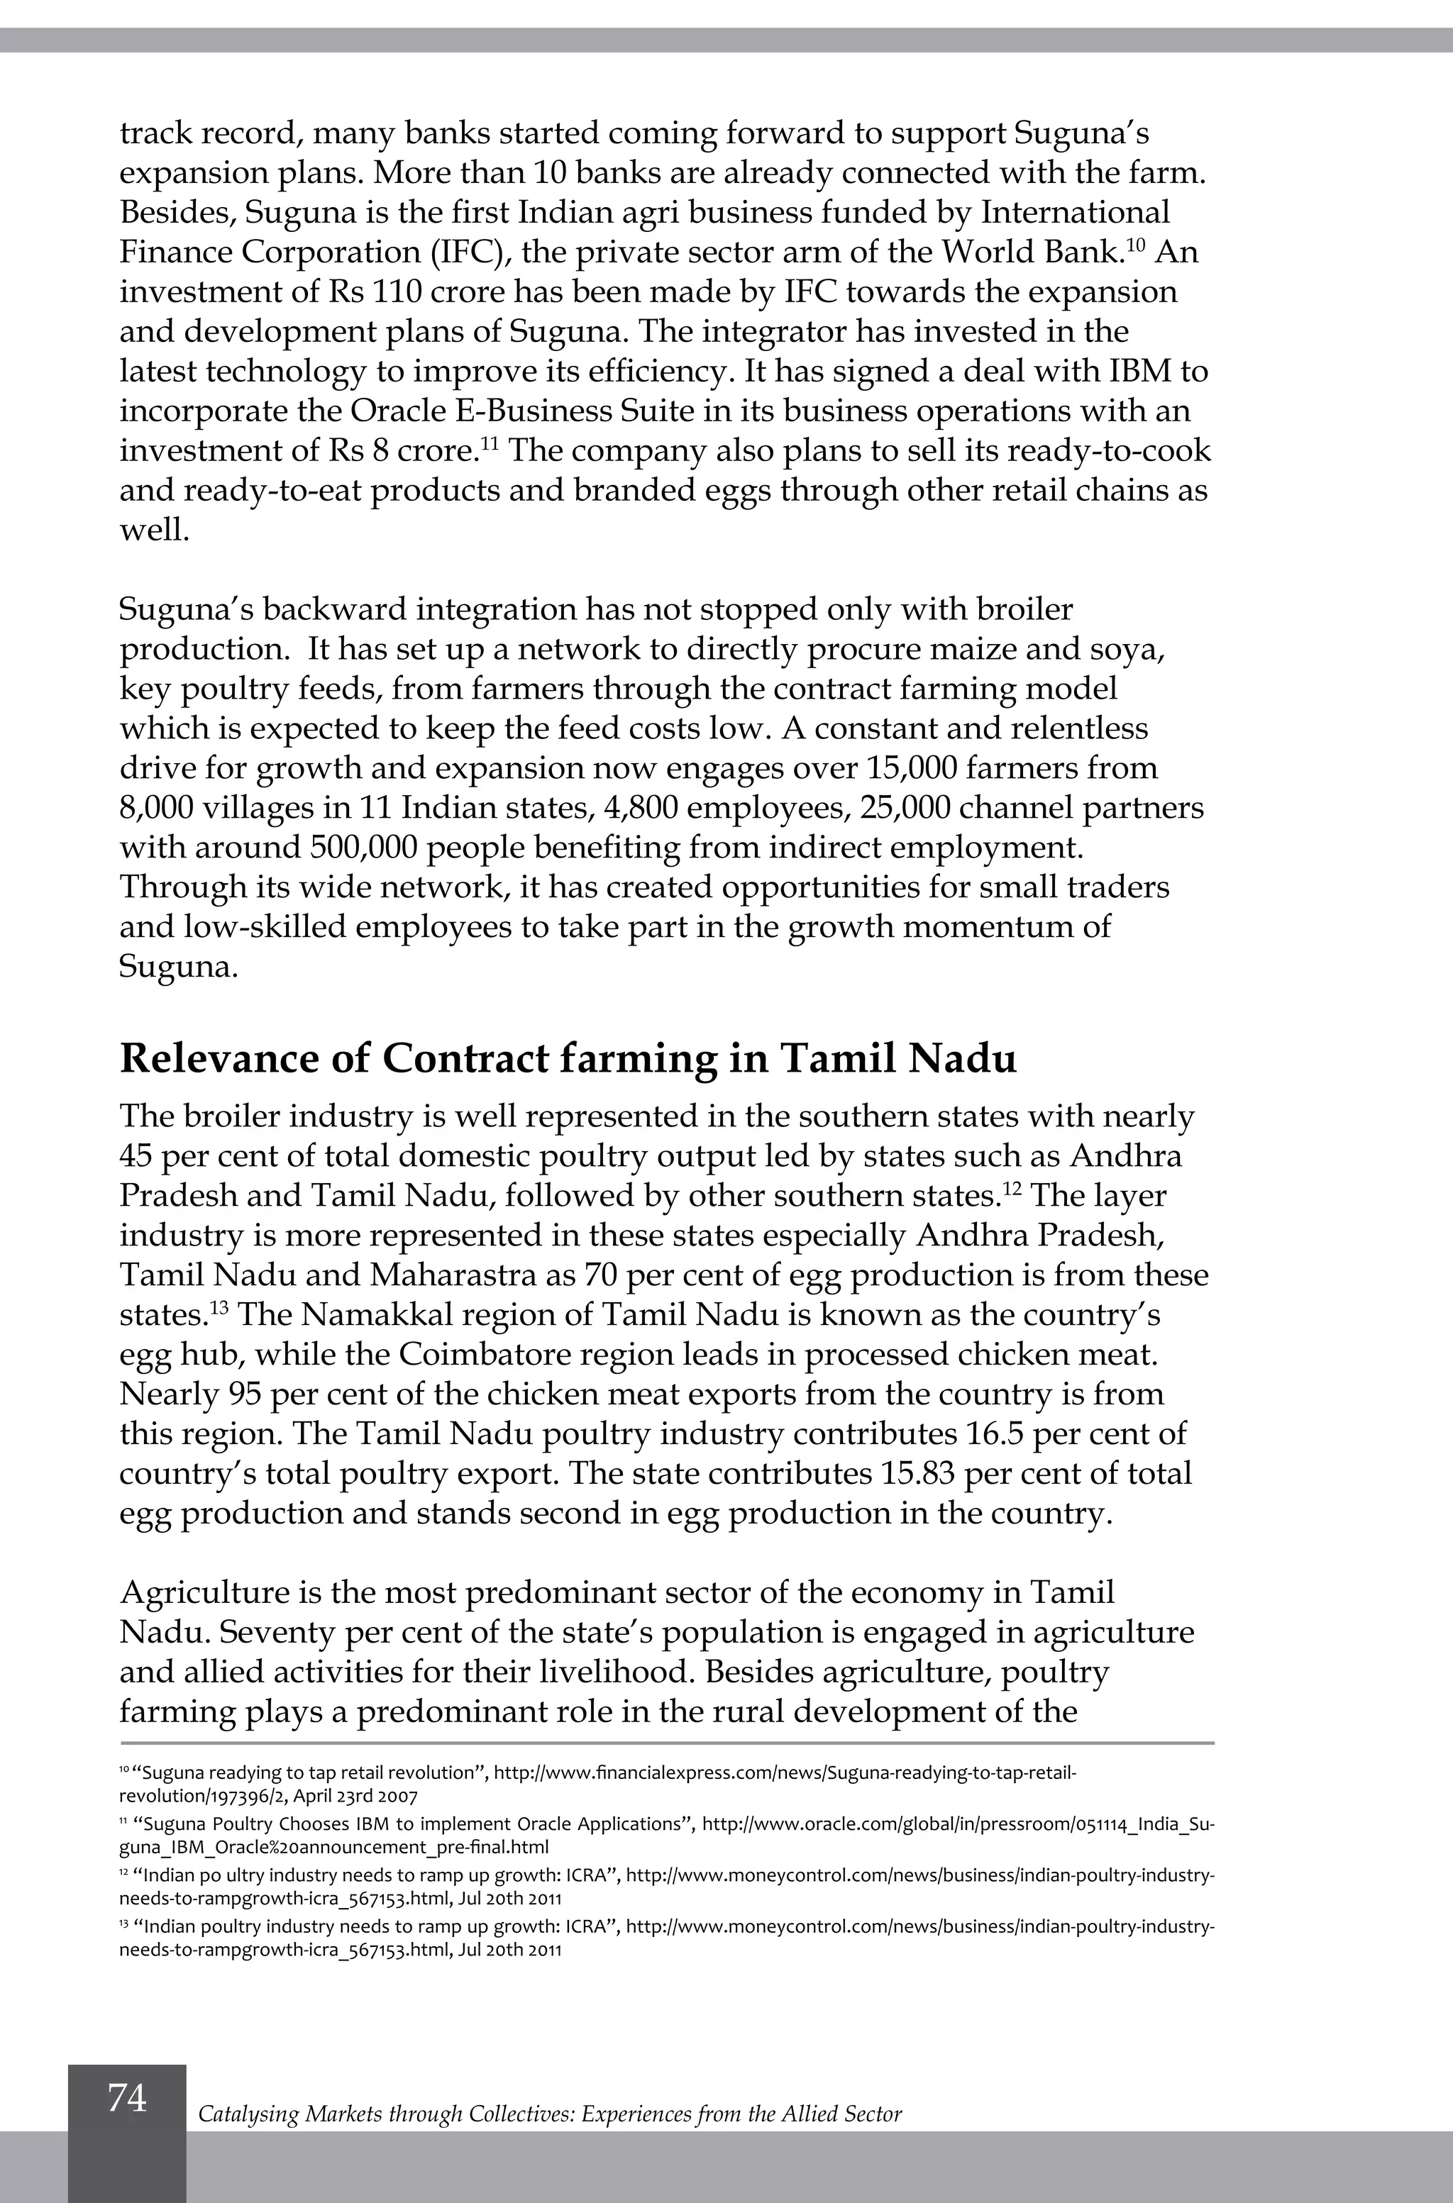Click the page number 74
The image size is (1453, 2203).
coord(127,2097)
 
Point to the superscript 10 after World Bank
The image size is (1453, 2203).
coord(1135,244)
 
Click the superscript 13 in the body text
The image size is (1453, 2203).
coord(219,1306)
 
